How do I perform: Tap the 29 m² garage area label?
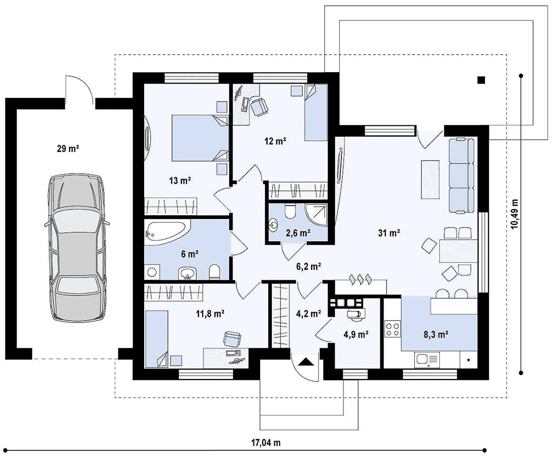68,149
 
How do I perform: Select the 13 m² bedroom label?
180,180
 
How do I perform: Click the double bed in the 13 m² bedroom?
200,138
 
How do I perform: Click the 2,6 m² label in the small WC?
298,233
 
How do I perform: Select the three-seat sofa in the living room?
461,176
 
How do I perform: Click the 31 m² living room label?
389,233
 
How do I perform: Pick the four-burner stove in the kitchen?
392,329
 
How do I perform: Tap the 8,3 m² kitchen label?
436,334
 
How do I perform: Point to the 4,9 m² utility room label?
356,334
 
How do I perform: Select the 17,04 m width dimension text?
266,443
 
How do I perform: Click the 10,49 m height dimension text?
515,214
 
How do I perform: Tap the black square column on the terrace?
481,80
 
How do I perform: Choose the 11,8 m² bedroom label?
211,313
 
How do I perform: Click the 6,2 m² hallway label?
309,266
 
